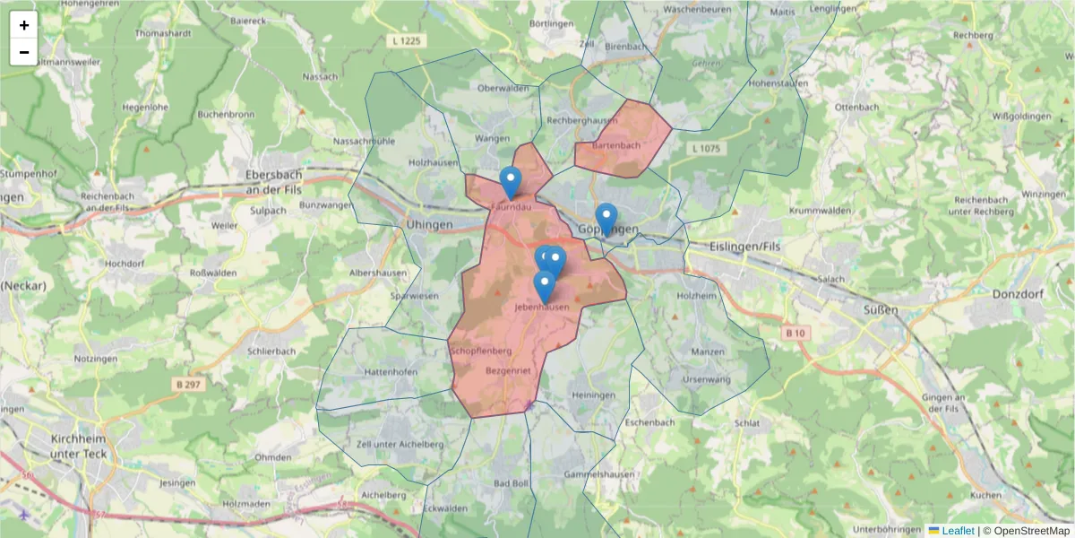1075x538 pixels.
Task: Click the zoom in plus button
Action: coord(24,25)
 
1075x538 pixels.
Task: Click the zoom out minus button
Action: coord(24,52)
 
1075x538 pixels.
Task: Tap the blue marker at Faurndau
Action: coord(511,183)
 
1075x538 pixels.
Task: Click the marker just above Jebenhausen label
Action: coord(544,287)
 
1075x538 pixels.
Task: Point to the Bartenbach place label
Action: coord(617,145)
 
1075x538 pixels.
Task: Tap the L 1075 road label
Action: coord(705,148)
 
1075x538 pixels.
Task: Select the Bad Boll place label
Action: coord(511,483)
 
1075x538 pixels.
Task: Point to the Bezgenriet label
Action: coord(508,369)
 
